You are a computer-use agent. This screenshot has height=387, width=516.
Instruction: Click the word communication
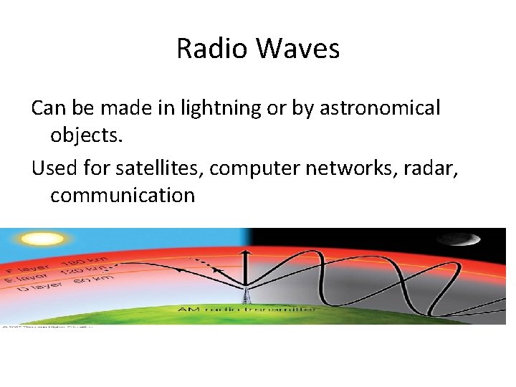[x=123, y=195]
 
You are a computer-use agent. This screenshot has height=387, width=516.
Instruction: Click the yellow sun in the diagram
[x=33, y=239]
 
